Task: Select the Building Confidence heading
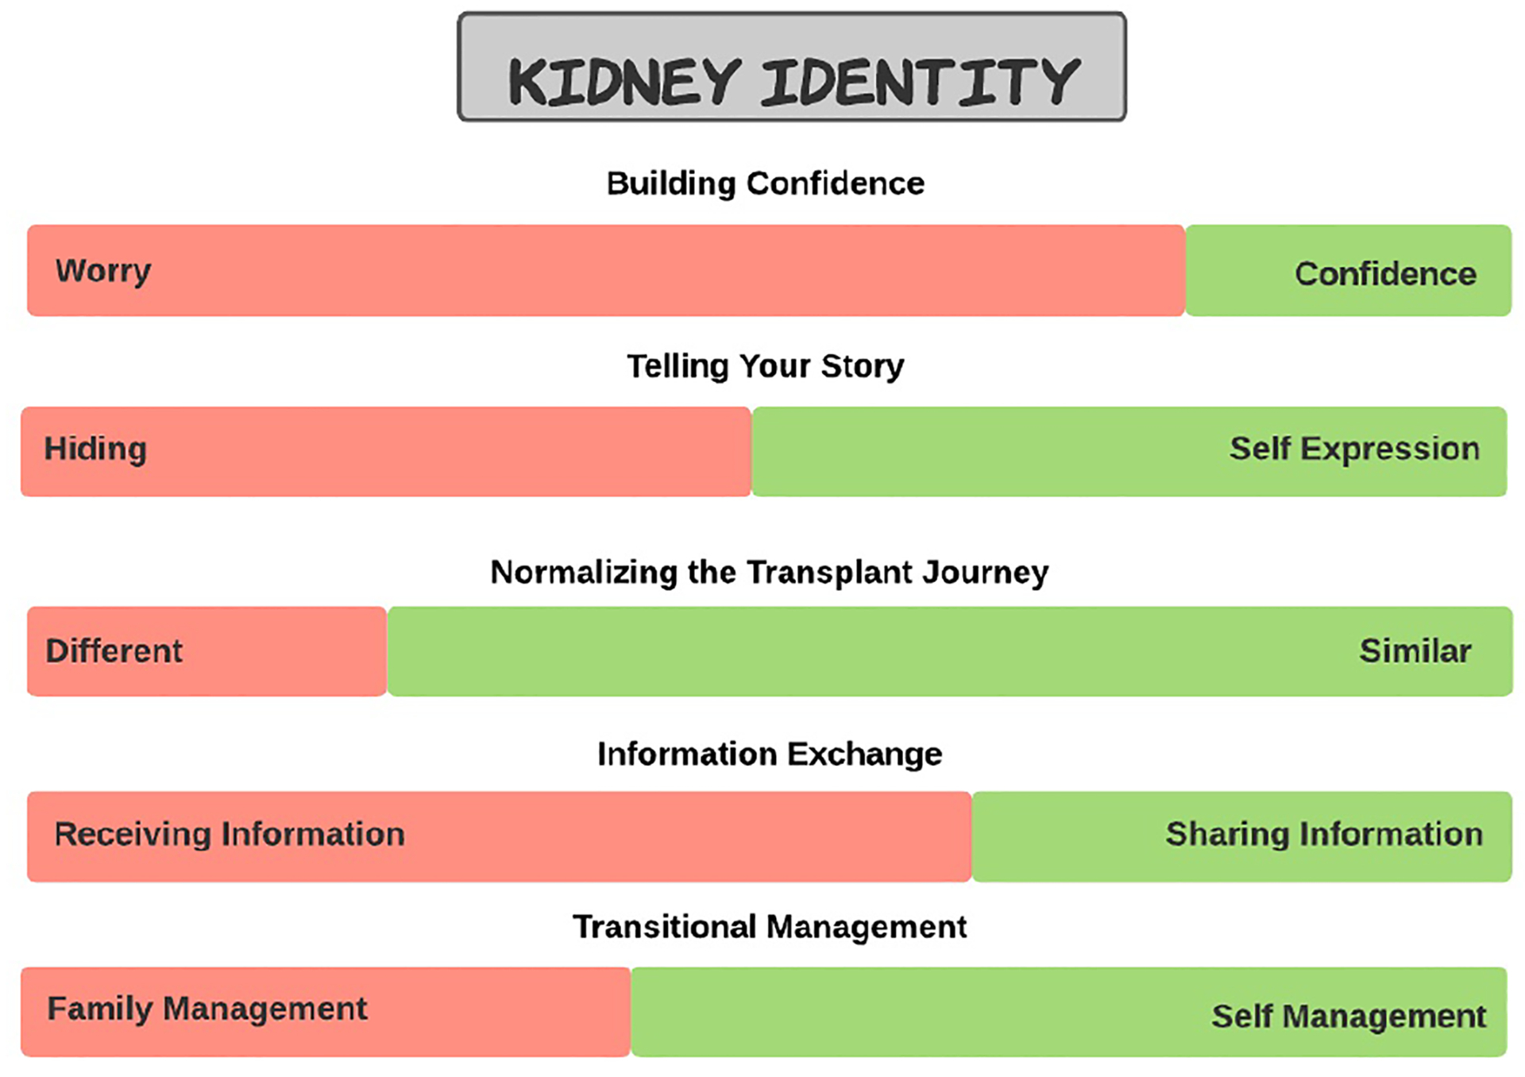pyautogui.click(x=765, y=183)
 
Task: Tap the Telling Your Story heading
pyautogui.click(x=765, y=366)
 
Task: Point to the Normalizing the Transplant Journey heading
pyautogui.click(x=769, y=572)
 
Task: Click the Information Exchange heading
pyautogui.click(x=769, y=754)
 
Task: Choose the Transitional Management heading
pyautogui.click(x=769, y=927)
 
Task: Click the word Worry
pyautogui.click(x=103, y=272)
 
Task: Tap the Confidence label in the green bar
pyautogui.click(x=1385, y=274)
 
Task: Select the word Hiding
pyautogui.click(x=95, y=449)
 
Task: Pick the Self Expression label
pyautogui.click(x=1354, y=449)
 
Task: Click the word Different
pyautogui.click(x=114, y=651)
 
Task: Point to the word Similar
pyautogui.click(x=1415, y=651)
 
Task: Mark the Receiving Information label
pyautogui.click(x=230, y=835)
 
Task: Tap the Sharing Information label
pyautogui.click(x=1324, y=835)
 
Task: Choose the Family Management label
pyautogui.click(x=207, y=1009)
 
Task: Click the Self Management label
pyautogui.click(x=1348, y=1016)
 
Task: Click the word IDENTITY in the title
pyautogui.click(x=920, y=82)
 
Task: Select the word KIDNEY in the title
pyautogui.click(x=624, y=82)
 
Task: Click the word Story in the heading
pyautogui.click(x=862, y=366)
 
